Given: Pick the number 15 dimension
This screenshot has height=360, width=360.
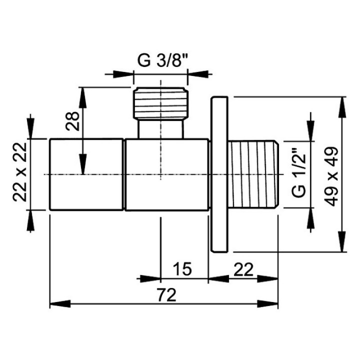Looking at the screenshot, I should point(183,269).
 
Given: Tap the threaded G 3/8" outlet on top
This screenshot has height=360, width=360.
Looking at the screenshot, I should point(160,103).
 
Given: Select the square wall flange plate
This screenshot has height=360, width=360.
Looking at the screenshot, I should point(219,174).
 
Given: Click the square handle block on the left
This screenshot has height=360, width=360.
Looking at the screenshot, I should point(86,174).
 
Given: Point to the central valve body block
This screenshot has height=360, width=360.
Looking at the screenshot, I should point(166,174).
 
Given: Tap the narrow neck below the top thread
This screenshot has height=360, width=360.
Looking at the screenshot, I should point(160,129).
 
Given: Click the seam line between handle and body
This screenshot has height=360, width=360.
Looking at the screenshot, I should point(124,174).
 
